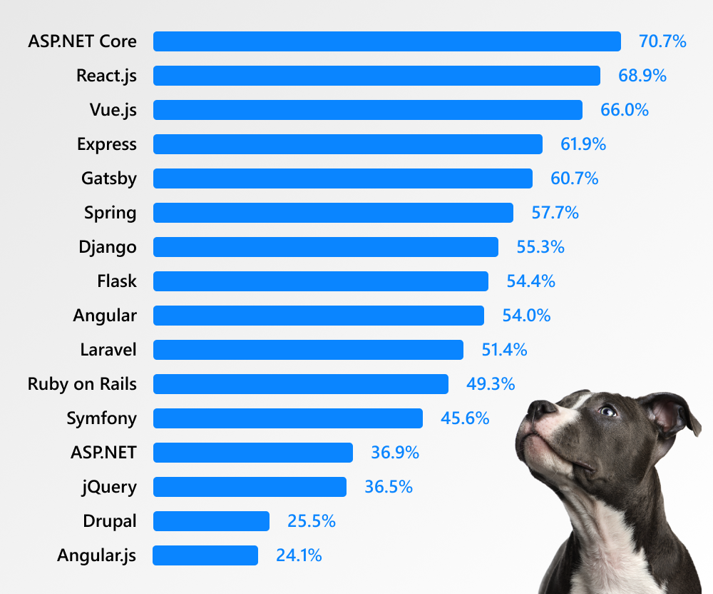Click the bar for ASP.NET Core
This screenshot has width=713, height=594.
[x=386, y=41]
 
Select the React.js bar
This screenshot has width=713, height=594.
[x=376, y=76]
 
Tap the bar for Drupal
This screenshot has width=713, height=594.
[x=211, y=521]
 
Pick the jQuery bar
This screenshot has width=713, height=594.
[x=250, y=487]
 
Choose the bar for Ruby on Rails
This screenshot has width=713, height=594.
[x=300, y=384]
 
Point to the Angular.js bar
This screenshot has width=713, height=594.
[x=205, y=555]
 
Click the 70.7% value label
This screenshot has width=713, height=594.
[x=662, y=41]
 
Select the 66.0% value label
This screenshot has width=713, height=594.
[x=625, y=110]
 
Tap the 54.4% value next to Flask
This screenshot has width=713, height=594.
[x=530, y=281]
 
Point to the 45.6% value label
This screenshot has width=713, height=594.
[x=465, y=418]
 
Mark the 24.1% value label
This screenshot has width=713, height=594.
[x=299, y=555]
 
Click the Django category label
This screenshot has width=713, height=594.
[x=108, y=247]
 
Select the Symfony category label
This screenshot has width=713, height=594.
[x=101, y=418]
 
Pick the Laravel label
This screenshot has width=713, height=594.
[x=108, y=350]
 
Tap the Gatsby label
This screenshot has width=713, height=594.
[x=108, y=178]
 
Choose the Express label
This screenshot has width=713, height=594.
[x=106, y=144]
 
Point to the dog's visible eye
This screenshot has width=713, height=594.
[x=607, y=411]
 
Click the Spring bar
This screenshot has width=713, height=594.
[x=333, y=213]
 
